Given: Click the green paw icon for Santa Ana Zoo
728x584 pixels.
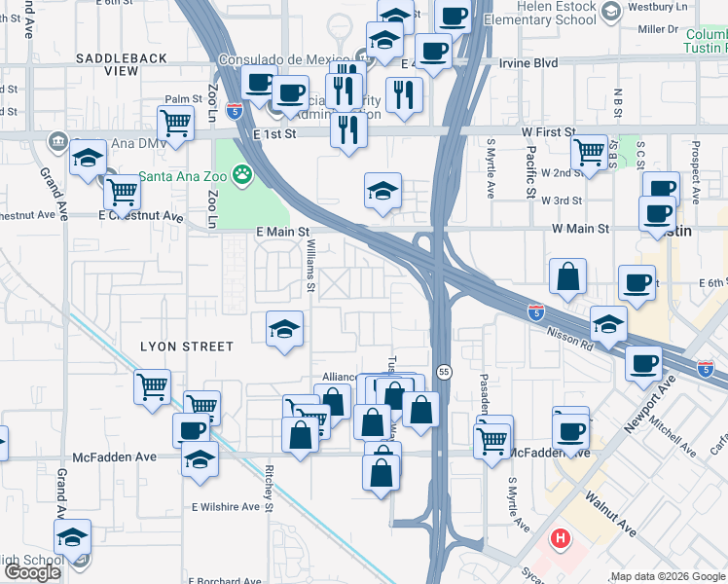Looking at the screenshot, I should [x=241, y=176].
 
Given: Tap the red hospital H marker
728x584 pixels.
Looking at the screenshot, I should [x=561, y=538].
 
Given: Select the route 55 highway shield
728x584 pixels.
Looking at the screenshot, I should [x=444, y=372].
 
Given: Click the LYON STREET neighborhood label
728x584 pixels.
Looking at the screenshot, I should [x=187, y=347].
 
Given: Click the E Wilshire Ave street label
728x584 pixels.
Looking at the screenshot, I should [x=232, y=507].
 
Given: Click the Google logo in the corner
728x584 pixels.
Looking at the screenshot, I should [x=32, y=572].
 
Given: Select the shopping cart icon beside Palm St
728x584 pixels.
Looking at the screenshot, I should [x=175, y=124].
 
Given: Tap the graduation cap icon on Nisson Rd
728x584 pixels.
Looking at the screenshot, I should [x=608, y=323].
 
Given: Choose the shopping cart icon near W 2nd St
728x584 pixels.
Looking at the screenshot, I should [x=589, y=153].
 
